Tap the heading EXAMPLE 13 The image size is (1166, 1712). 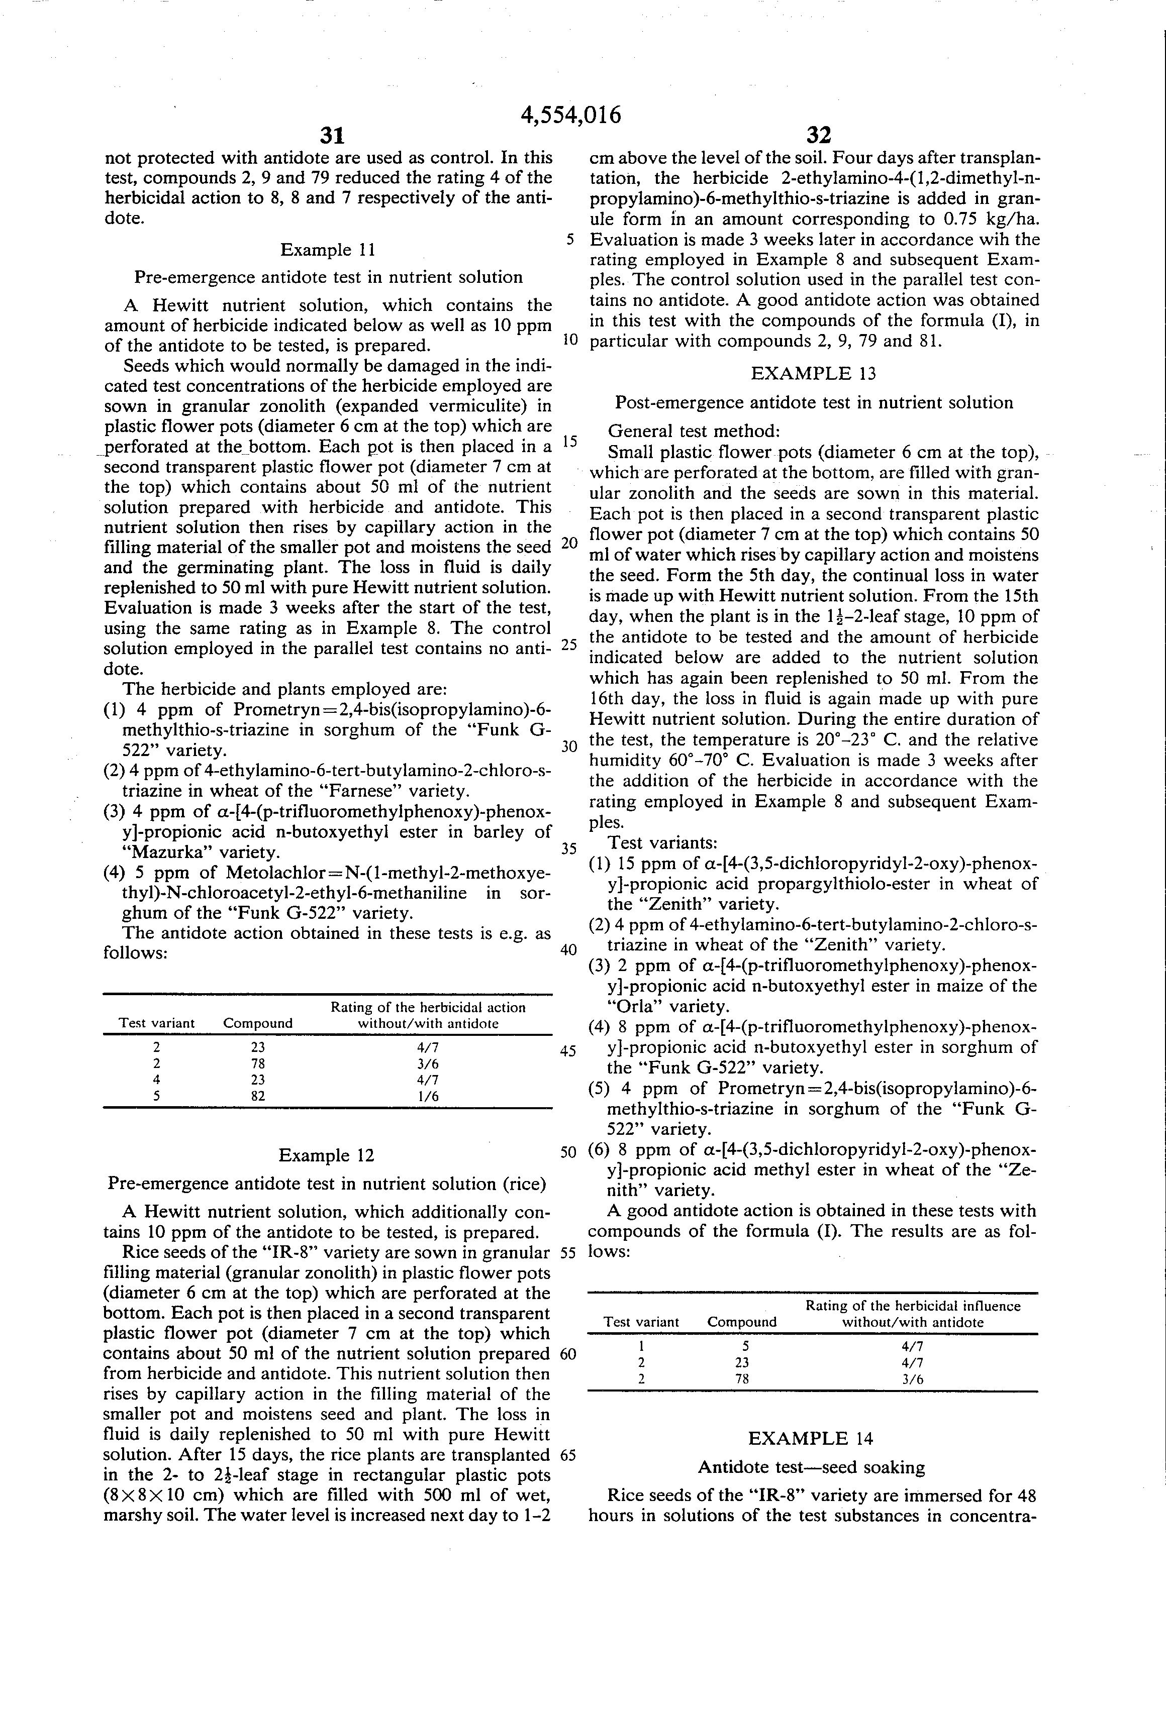click(813, 373)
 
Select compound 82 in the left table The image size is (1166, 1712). click(258, 1096)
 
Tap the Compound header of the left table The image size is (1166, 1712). click(258, 1023)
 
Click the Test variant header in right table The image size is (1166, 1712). click(641, 1322)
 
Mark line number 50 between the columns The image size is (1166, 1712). click(567, 1153)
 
